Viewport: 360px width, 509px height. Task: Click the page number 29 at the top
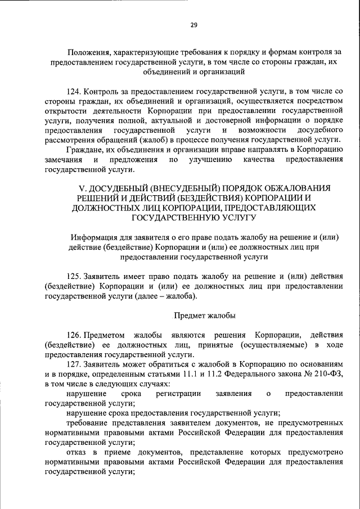(x=193, y=25)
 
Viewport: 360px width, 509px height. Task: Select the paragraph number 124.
(x=73, y=91)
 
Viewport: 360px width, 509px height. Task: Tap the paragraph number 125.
(x=74, y=276)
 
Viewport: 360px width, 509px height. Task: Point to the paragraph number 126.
(x=74, y=335)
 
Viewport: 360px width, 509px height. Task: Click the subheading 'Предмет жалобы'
(x=204, y=315)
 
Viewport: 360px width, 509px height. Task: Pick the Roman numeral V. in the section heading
(x=79, y=188)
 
